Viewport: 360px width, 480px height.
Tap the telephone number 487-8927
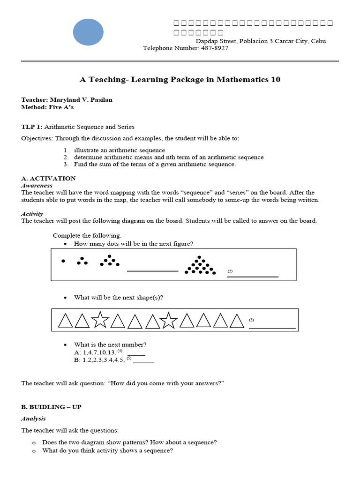coord(214,48)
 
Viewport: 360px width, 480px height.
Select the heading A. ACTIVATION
coord(48,178)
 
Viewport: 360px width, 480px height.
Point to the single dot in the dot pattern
coord(63,261)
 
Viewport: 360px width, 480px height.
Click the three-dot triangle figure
coord(82,261)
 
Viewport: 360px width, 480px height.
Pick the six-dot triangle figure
coord(110,261)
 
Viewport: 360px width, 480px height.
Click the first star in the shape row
coord(100,320)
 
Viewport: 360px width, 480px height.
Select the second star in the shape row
coord(169,320)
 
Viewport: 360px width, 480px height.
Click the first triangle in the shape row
coord(66,321)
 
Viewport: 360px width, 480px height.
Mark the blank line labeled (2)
coord(253,276)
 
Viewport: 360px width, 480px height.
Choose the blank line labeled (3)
coord(272,328)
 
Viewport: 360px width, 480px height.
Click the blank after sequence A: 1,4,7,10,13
coord(136,355)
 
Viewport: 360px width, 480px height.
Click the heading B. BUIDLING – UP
coord(51,407)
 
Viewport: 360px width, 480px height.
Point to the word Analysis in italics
coord(33,418)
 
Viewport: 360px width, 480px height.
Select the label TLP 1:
coord(32,127)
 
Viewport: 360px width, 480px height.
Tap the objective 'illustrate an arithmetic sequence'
coord(120,150)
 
